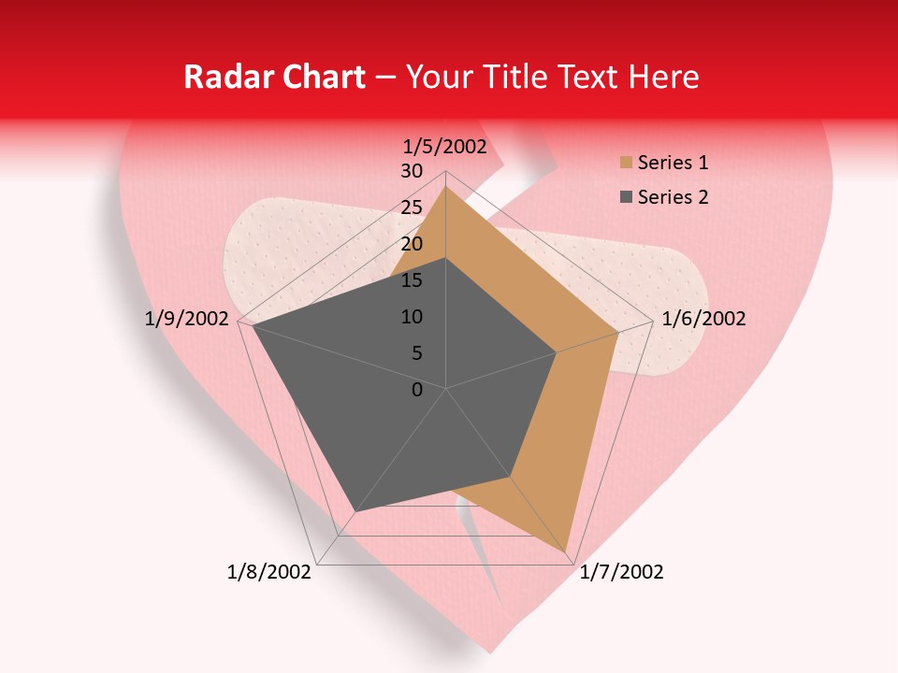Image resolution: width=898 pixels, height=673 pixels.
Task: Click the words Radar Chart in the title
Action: pyautogui.click(x=274, y=78)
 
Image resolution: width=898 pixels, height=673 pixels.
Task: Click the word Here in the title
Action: pyautogui.click(x=664, y=78)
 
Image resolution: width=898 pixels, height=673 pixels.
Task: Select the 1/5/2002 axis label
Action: pyautogui.click(x=444, y=146)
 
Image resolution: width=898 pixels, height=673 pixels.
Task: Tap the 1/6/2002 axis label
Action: pyautogui.click(x=703, y=319)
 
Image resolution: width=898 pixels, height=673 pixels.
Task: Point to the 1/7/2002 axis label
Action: pyautogui.click(x=621, y=572)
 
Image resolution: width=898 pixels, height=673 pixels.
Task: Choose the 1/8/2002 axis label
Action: pyautogui.click(x=268, y=572)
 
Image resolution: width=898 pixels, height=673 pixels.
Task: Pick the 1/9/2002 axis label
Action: pyautogui.click(x=187, y=319)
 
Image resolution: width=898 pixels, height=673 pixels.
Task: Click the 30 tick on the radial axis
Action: pyautogui.click(x=412, y=171)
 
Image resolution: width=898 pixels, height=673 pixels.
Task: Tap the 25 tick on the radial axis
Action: pyautogui.click(x=412, y=208)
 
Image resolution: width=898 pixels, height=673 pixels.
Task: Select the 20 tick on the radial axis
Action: pyautogui.click(x=412, y=244)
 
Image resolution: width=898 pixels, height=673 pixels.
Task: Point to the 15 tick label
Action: pyautogui.click(x=412, y=280)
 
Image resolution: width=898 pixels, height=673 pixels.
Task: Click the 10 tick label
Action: pyautogui.click(x=412, y=317)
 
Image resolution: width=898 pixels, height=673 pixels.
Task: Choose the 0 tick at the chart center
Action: pyautogui.click(x=417, y=390)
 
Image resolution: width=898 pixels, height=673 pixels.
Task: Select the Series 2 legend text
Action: pyautogui.click(x=673, y=197)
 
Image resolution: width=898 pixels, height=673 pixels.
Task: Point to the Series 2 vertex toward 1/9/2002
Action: pyautogui.click(x=253, y=325)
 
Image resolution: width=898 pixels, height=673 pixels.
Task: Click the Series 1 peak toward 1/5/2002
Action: pyautogui.click(x=445, y=187)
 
